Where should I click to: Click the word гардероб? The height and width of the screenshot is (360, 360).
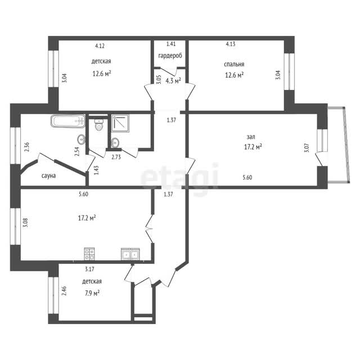[x=170, y=56]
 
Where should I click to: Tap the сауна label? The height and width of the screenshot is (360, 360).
[x=49, y=176]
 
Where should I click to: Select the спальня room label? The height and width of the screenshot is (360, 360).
[x=234, y=64]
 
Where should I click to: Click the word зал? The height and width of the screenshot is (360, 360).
[x=251, y=137]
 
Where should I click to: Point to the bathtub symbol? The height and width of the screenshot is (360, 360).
[x=68, y=121]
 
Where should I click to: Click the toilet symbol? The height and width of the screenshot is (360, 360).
[x=99, y=125]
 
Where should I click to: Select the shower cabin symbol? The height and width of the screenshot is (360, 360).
[x=120, y=124]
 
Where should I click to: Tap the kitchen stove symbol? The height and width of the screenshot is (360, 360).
[x=89, y=254]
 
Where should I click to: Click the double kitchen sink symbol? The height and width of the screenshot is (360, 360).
[x=130, y=254]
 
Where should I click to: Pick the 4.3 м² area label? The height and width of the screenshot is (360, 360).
[x=173, y=80]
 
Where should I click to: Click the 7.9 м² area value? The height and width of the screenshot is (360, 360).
[x=92, y=293]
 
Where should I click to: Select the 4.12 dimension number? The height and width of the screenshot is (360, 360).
[x=100, y=46]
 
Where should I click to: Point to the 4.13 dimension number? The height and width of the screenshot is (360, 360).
[x=231, y=44]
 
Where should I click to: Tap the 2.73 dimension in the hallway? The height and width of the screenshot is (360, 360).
[x=116, y=157]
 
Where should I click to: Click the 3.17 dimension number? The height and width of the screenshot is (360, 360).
[x=89, y=269]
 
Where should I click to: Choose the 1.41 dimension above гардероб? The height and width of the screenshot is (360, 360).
[x=171, y=44]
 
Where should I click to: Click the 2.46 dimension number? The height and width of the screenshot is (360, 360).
[x=64, y=290]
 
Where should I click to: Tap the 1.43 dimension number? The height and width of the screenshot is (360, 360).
[x=97, y=170]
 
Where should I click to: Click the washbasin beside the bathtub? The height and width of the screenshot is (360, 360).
[x=81, y=139]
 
